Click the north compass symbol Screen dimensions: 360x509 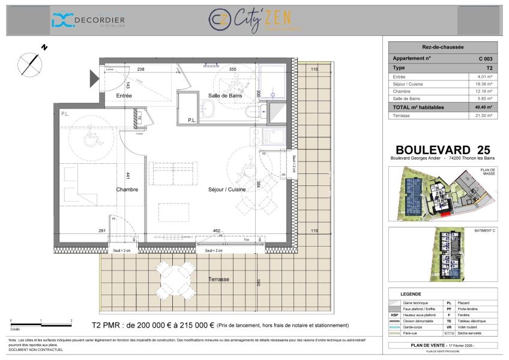click(x=29, y=62)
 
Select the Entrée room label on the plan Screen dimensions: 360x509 click(x=124, y=95)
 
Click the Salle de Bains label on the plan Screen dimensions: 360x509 click(x=225, y=95)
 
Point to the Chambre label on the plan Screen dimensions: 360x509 click(x=127, y=190)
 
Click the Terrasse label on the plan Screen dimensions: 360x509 click(x=218, y=280)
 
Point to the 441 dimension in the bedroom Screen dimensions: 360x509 click(x=128, y=176)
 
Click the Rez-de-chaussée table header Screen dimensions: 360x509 click(x=442, y=46)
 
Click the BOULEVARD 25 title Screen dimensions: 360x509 click(x=442, y=149)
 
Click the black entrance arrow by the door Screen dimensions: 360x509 click(x=94, y=78)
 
